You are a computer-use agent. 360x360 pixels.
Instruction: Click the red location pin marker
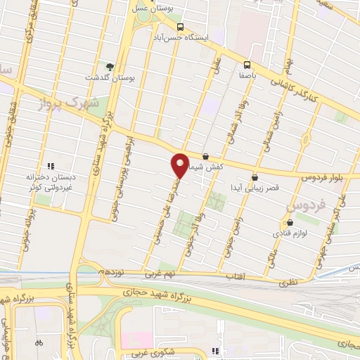point(180,165)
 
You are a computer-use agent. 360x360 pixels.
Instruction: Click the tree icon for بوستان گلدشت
point(108,65)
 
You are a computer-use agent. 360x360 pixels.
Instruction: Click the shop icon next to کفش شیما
point(205,157)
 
